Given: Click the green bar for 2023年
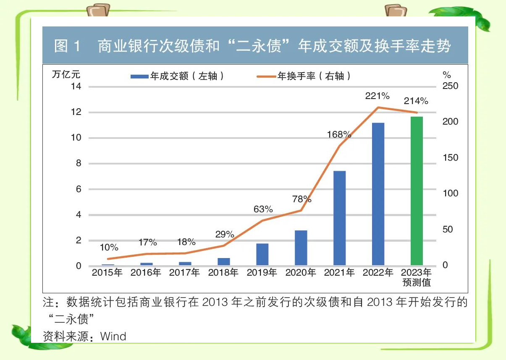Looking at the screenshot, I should click(417, 191).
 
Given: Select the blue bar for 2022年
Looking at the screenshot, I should click(378, 194).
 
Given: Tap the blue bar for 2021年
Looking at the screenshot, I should click(339, 218).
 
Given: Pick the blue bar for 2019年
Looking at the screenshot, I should click(262, 254).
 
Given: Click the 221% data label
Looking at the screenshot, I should click(375, 96).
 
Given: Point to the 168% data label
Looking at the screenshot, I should click(339, 134).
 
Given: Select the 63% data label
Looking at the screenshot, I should click(263, 209).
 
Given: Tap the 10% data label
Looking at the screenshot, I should click(108, 247).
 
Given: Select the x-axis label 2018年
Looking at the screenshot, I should click(223, 272).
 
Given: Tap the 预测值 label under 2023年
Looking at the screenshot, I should click(417, 282).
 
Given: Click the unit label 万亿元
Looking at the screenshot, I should click(66, 75).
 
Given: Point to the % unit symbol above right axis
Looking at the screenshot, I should click(447, 75).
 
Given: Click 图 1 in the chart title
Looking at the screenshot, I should click(67, 46).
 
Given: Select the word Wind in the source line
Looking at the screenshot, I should click(113, 336).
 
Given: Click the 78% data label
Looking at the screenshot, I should click(302, 198).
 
